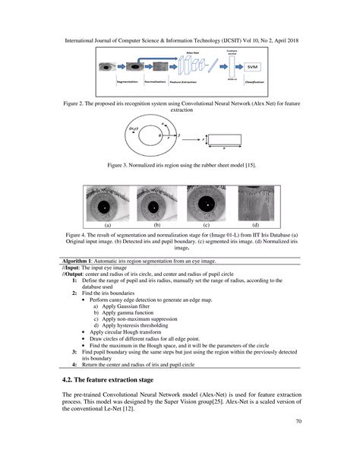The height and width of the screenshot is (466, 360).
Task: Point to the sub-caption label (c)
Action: coord(206,226)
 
